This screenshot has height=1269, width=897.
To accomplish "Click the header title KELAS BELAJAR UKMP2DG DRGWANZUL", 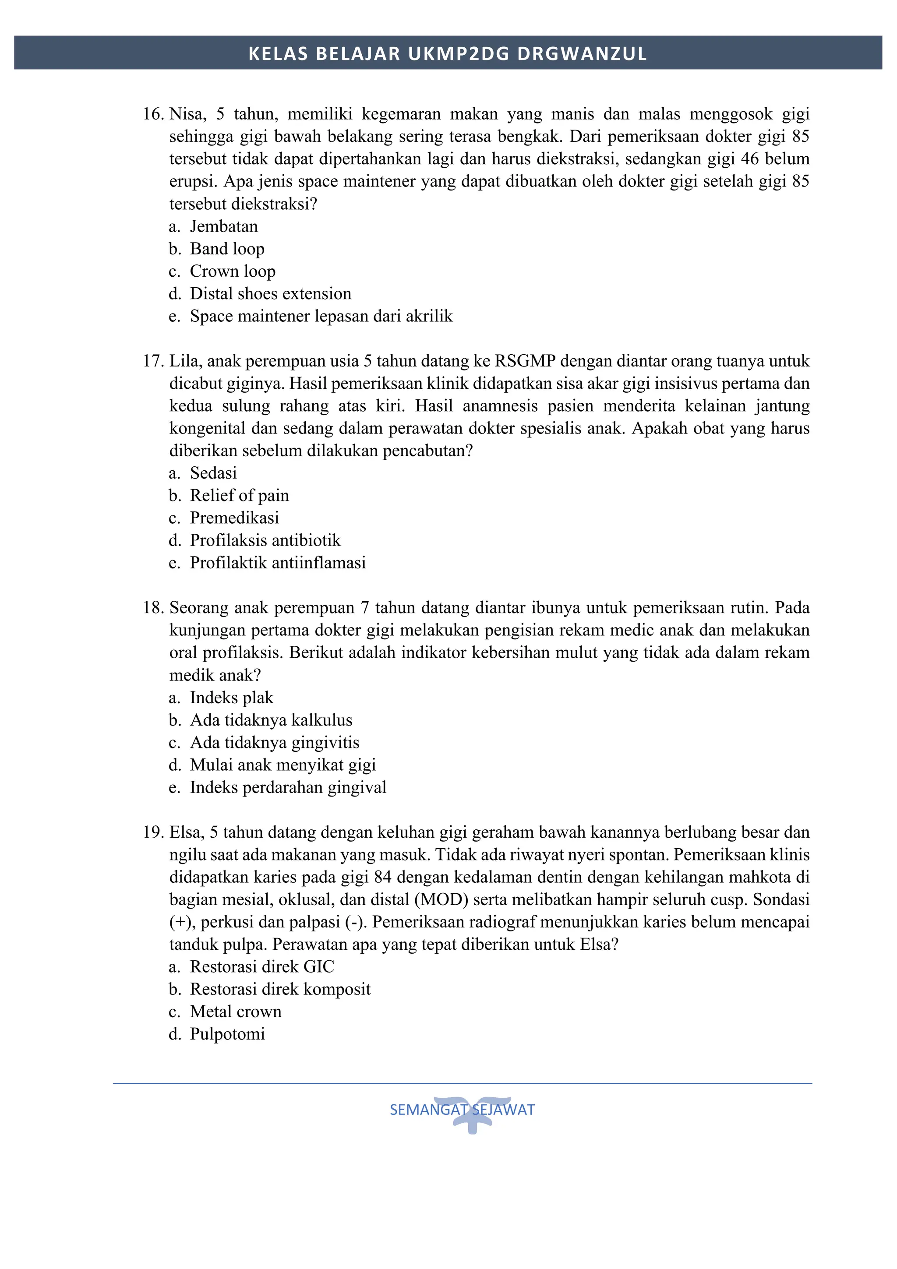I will pos(448,53).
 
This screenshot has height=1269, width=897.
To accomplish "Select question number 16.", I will pos(153,114).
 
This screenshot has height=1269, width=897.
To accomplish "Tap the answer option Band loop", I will pos(226,249).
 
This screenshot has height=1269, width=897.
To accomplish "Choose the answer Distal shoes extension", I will pos(270,293).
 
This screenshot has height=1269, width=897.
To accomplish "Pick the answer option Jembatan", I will pos(223,227).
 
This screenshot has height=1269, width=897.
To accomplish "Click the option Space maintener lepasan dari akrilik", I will pos(321,316).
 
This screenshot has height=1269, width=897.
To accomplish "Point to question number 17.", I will pos(153,361).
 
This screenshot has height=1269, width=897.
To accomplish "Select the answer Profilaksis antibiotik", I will pos(265,540).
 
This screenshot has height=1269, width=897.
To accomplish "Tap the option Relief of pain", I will pos(239,495).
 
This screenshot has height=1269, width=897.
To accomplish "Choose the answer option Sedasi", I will pos(213,473).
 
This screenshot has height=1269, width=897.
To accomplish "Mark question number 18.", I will pos(153,608).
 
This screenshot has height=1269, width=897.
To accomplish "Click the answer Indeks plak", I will pos(231,698).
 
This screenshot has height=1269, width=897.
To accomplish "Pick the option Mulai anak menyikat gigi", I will pos(283,765).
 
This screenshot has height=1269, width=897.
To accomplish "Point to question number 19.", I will pos(153,832).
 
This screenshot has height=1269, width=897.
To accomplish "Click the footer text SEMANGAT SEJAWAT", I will pos(462,1110).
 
